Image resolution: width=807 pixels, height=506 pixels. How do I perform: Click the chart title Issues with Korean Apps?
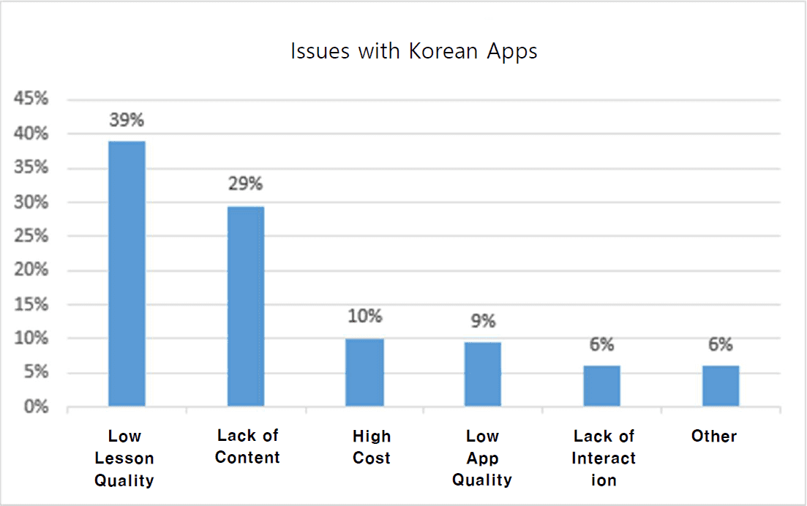pyautogui.click(x=413, y=52)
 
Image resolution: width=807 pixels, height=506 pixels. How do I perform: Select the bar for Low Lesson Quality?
pyautogui.click(x=127, y=274)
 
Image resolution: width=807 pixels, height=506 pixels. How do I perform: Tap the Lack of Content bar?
pyautogui.click(x=246, y=306)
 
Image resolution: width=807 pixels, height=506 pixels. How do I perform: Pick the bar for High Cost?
pyautogui.click(x=364, y=372)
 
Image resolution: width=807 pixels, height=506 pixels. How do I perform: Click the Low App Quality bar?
pyautogui.click(x=483, y=374)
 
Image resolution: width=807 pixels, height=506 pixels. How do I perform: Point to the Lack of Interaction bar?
pyautogui.click(x=601, y=386)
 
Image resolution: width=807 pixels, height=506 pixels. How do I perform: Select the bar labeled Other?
pyautogui.click(x=721, y=386)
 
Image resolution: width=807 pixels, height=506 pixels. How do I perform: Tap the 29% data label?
pyautogui.click(x=245, y=184)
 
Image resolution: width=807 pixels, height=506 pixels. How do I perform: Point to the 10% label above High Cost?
pyautogui.click(x=364, y=317)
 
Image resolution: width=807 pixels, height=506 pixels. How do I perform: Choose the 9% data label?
pyautogui.click(x=483, y=321)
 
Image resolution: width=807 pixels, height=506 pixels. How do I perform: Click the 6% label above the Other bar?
pyautogui.click(x=721, y=344)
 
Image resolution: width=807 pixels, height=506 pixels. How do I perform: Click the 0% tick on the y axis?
pyautogui.click(x=35, y=407)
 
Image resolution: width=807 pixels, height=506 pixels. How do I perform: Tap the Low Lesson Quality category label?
pyautogui.click(x=124, y=458)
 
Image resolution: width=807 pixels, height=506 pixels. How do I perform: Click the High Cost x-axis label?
pyautogui.click(x=372, y=448)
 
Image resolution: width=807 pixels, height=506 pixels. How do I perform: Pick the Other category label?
pyautogui.click(x=714, y=437)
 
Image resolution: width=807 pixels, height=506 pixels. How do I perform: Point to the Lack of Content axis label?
pyautogui.click(x=248, y=447)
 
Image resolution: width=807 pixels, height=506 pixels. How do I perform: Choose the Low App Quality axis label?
pyautogui.click(x=482, y=458)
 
